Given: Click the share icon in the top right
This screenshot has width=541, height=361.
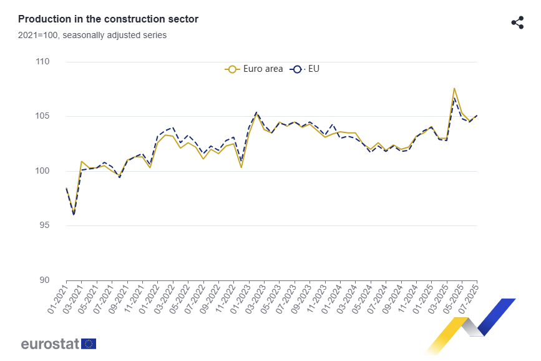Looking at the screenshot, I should (517, 22).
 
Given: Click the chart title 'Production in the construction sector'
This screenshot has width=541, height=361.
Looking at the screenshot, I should (108, 19).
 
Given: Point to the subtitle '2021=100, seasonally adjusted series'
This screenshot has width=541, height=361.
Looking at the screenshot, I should (92, 36).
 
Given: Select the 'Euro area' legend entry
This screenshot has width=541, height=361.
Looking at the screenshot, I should (255, 69).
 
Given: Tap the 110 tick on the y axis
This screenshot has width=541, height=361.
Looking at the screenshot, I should (42, 62).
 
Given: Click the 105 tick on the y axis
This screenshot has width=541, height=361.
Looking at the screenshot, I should (42, 116).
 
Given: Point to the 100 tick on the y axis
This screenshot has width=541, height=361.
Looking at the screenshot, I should (42, 171).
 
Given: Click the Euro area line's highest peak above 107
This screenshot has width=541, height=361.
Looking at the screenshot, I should (454, 89).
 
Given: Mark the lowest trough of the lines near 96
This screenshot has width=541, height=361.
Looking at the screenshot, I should (74, 214).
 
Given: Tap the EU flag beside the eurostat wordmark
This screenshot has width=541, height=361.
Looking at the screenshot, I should (89, 344).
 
